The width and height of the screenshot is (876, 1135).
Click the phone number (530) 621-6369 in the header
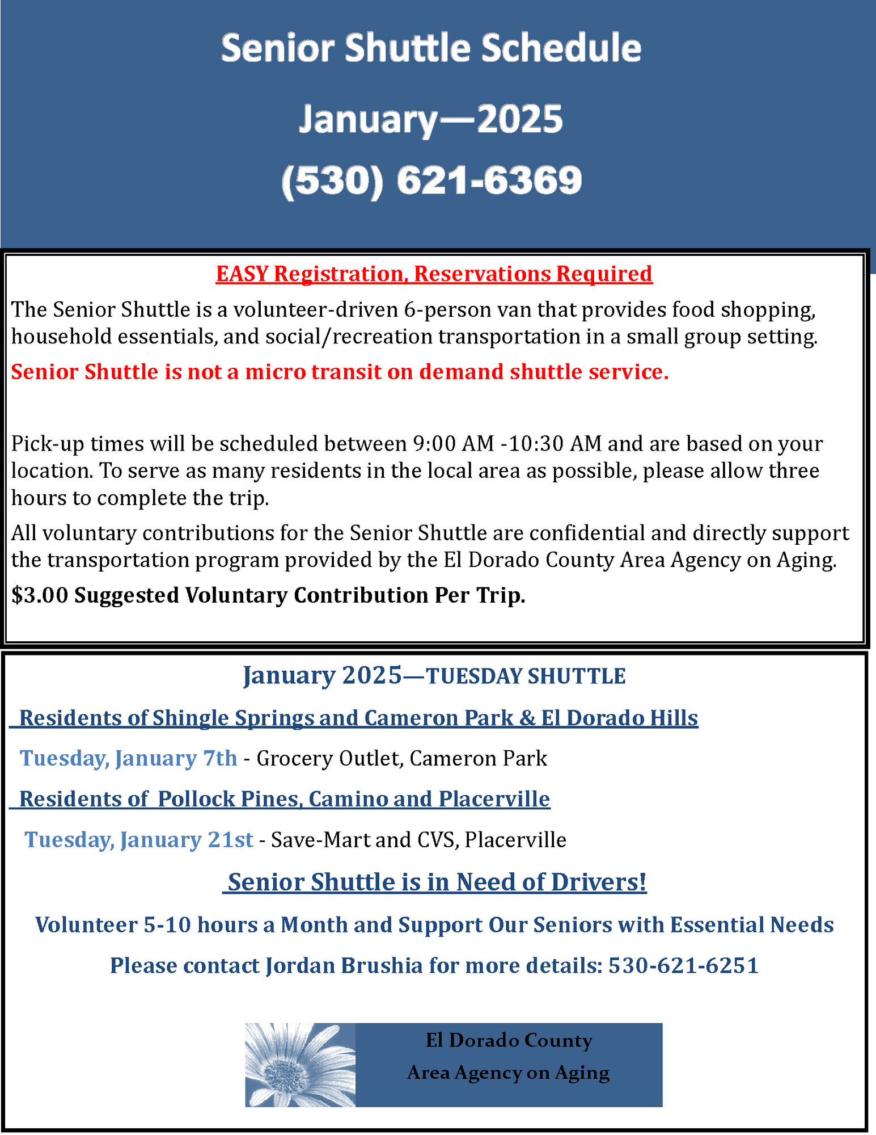click(431, 180)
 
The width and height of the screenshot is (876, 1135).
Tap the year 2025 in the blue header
click(519, 119)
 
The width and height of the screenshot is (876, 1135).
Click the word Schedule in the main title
click(561, 48)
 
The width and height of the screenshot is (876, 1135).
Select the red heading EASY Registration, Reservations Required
click(434, 274)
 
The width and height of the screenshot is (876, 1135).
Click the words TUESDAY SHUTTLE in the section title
click(526, 676)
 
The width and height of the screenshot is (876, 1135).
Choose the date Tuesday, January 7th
click(128, 759)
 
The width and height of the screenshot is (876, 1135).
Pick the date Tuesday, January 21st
click(139, 840)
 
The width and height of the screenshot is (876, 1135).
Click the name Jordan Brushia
click(344, 966)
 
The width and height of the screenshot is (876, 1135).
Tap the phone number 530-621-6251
click(683, 966)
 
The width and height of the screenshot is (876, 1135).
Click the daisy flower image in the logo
click(299, 1065)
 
